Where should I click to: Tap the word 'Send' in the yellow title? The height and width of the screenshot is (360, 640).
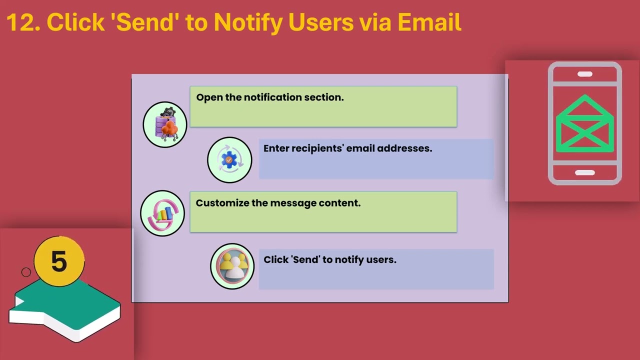[145, 22]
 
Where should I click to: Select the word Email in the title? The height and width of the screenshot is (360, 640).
[429, 22]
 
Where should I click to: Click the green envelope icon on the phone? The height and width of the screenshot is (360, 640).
[585, 123]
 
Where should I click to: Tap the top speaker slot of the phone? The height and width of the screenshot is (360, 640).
[585, 74]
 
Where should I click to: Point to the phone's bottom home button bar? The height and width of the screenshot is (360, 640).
[585, 172]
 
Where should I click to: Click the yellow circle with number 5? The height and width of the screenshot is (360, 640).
[59, 261]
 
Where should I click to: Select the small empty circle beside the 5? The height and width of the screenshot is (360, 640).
[26, 272]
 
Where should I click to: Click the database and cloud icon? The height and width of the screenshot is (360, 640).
[165, 124]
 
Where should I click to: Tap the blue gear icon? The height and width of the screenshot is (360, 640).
[229, 160]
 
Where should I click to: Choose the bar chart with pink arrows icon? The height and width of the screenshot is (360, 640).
[162, 213]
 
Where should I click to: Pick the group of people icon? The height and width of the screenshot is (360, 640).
[232, 266]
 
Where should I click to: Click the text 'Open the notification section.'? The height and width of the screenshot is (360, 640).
[270, 97]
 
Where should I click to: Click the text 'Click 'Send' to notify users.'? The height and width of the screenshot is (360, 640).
[330, 259]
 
